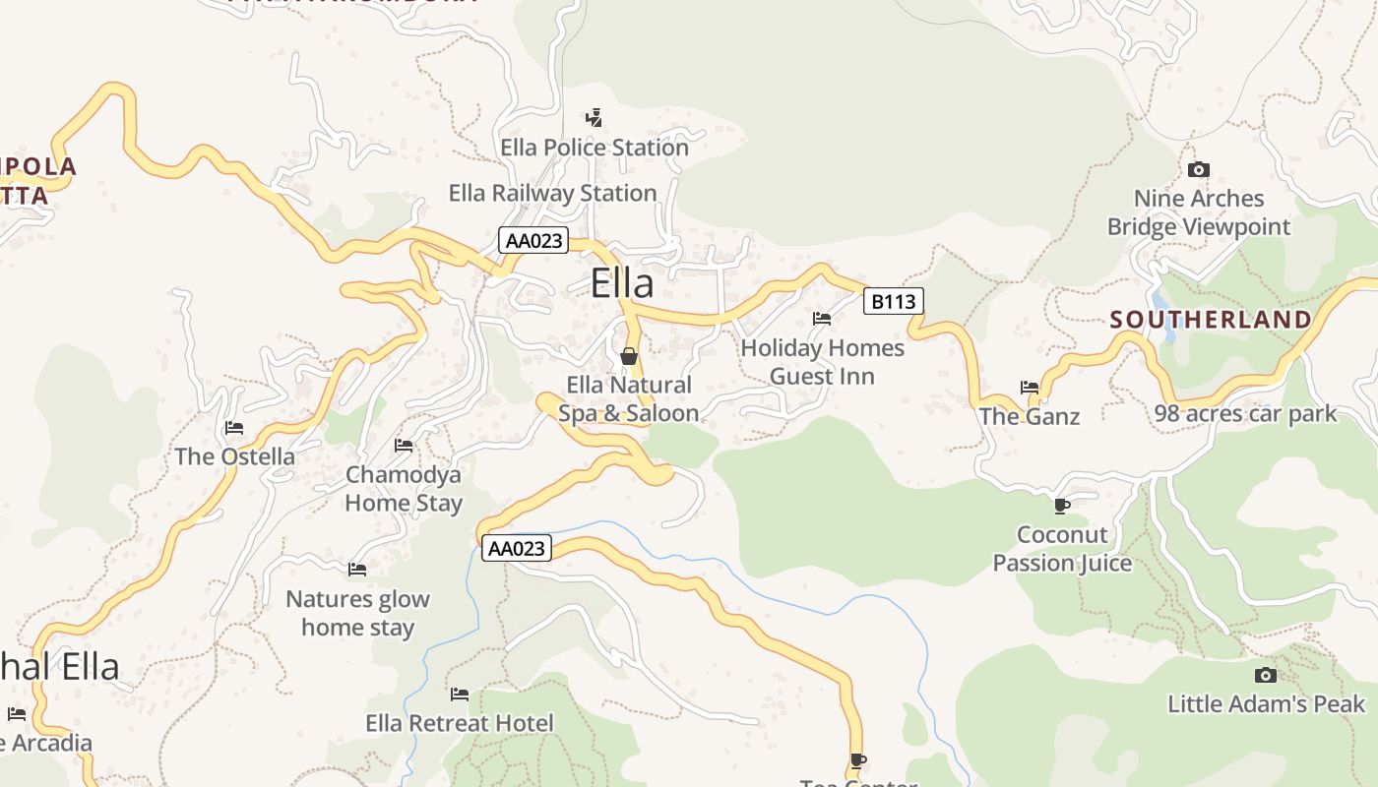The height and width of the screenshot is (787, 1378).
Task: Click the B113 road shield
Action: point(894,301)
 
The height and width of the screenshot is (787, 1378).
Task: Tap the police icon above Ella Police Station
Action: point(594,119)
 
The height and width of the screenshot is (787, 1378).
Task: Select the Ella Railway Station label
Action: point(552,193)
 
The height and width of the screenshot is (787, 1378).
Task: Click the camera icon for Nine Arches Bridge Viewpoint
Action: point(1198,170)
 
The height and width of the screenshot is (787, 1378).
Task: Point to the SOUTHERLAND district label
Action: point(1212,320)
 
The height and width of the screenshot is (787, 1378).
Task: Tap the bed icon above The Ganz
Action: point(1030,388)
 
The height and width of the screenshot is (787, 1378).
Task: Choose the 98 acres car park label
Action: point(1246,413)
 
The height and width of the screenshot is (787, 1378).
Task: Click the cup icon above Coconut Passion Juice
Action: point(1061,506)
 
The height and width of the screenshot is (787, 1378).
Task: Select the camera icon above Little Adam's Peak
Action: point(1266,675)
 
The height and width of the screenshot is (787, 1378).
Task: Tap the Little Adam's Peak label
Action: point(1267,704)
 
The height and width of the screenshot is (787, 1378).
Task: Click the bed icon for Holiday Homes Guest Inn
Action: point(822,319)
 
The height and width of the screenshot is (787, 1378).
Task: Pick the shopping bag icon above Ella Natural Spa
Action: point(628,356)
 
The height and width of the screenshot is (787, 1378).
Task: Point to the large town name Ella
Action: point(622,283)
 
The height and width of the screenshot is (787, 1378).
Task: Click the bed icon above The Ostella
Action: point(234,428)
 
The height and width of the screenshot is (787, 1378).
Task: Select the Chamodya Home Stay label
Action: point(403,489)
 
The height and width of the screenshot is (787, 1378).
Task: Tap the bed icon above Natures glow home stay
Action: point(357,570)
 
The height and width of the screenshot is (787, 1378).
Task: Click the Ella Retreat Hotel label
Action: point(460,724)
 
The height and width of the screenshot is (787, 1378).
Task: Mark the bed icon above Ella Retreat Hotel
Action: point(460,695)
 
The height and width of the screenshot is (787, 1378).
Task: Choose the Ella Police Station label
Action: point(595,148)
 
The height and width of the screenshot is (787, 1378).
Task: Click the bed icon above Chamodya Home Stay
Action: point(404,446)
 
